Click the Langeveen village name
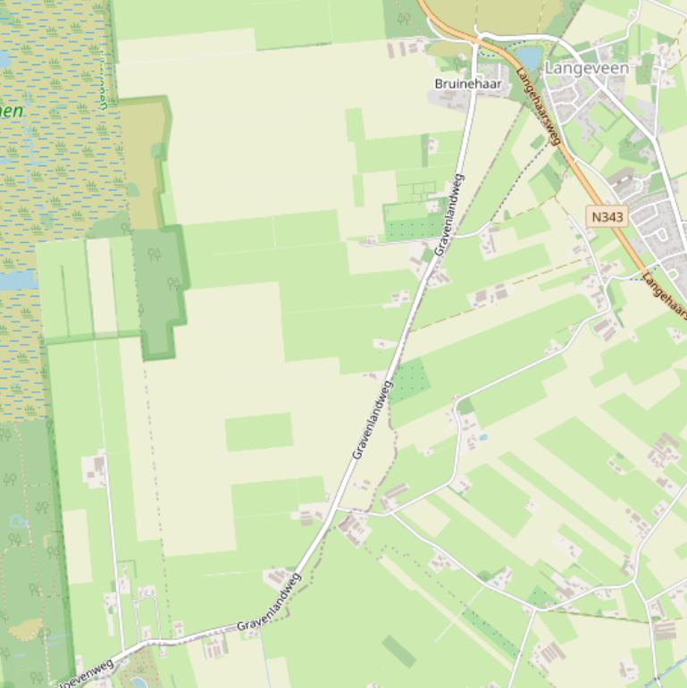[587, 68]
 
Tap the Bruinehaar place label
[467, 84]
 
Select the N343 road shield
[607, 216]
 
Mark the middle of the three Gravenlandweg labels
[372, 420]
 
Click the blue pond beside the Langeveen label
[529, 59]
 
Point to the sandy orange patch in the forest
[26, 632]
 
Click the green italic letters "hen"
[11, 112]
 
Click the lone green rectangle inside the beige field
[258, 432]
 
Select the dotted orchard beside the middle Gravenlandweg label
[410, 381]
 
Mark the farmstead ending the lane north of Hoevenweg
[95, 468]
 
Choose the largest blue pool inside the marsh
[16, 280]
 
